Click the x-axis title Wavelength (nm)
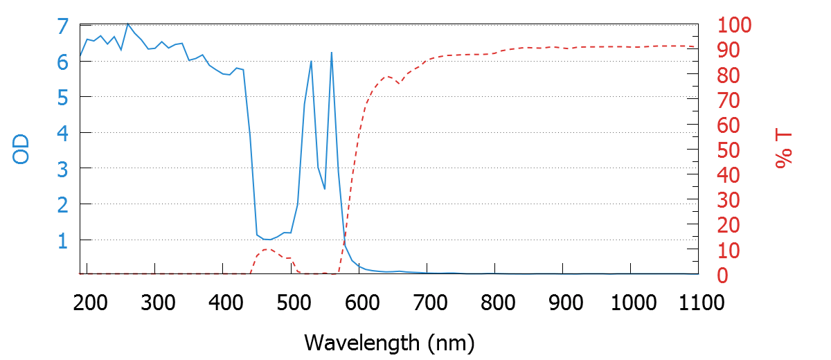(389, 342)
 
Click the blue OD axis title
(21, 150)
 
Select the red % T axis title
(783, 150)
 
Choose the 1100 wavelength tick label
(698, 303)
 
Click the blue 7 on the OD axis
(63, 26)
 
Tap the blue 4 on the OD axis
(63, 133)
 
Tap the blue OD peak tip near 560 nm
(332, 53)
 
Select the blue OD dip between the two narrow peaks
(324, 188)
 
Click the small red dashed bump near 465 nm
(267, 249)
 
